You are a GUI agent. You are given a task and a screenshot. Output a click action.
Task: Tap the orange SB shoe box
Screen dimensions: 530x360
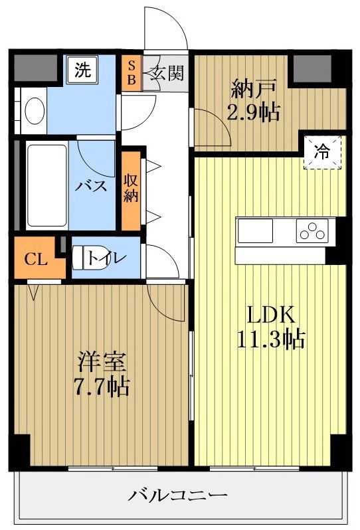pyautogui.click(x=131, y=72)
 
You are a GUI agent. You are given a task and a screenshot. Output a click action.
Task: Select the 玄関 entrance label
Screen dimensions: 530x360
pyautogui.click(x=167, y=72)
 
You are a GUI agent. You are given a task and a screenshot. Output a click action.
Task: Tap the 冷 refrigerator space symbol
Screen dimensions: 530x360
pyautogui.click(x=321, y=153)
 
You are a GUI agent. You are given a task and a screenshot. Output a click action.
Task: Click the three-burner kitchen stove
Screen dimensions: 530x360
pyautogui.click(x=312, y=232)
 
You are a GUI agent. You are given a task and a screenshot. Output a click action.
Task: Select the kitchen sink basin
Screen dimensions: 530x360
pyautogui.click(x=256, y=232)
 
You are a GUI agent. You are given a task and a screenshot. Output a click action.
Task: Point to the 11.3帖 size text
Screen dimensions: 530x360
pyautogui.click(x=270, y=339)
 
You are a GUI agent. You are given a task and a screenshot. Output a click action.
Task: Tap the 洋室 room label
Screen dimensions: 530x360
pyautogui.click(x=102, y=362)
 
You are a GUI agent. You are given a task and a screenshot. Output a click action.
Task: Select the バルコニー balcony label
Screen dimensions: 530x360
pyautogui.click(x=178, y=495)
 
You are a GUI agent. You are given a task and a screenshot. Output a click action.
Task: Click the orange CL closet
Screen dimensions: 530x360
pyautogui.click(x=36, y=259)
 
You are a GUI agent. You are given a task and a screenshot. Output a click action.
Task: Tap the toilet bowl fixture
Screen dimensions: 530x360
pyautogui.click(x=83, y=257)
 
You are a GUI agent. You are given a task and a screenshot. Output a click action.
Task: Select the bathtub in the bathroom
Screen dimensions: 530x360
pyautogui.click(x=46, y=185)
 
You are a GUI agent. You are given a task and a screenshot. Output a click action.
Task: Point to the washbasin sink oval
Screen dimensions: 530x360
pyautogui.click(x=34, y=110)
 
